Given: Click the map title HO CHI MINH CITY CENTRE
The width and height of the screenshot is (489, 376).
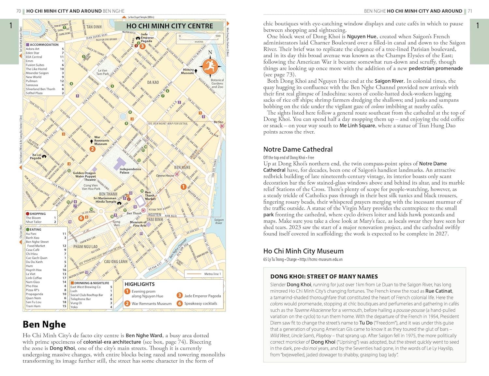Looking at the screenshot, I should [x=170, y=26].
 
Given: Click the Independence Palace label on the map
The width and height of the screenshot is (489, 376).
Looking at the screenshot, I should [x=130, y=171].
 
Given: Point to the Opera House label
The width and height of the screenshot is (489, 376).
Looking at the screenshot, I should [x=165, y=175].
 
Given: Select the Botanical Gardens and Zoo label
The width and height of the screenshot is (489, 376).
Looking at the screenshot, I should [x=217, y=83].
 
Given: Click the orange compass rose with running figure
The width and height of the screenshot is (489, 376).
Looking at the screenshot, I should [x=210, y=66].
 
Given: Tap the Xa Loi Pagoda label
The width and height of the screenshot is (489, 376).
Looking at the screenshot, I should [x=36, y=156].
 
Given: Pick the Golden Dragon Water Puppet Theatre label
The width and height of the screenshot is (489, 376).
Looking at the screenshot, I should [x=84, y=176].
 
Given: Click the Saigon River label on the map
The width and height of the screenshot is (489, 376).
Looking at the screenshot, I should [x=219, y=221].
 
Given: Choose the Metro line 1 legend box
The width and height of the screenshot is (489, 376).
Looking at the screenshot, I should [x=204, y=274].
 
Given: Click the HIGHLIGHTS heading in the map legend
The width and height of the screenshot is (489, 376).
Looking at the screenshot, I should [x=140, y=284].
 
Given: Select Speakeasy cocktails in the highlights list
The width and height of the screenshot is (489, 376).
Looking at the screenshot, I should [x=200, y=303].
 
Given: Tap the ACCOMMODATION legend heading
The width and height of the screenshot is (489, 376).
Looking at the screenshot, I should [x=44, y=45].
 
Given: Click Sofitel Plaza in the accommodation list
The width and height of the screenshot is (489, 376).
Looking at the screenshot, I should [x=34, y=93].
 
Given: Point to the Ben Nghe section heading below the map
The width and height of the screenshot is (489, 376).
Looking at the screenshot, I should [x=44, y=324].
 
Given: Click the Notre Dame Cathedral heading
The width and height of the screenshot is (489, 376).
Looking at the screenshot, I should [x=298, y=149].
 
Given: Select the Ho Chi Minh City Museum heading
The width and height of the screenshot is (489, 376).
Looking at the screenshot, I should [x=303, y=251].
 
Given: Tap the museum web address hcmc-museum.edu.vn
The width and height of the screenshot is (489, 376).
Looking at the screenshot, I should [x=321, y=259].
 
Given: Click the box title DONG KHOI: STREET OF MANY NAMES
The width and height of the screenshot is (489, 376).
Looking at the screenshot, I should [x=324, y=276].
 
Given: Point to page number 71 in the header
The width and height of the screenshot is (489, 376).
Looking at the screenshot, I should [x=470, y=11].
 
